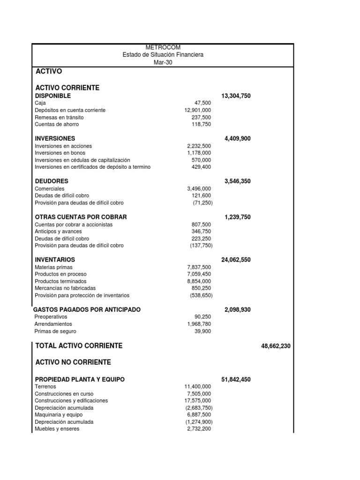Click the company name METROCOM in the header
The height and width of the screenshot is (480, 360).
(163, 48)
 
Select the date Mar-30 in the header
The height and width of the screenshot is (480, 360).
(163, 62)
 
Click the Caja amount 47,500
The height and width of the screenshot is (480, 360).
(202, 103)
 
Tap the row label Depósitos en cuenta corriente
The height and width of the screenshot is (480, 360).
(70, 110)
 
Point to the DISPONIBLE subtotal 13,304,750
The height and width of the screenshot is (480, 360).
(236, 96)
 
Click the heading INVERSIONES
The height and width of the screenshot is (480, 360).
(55, 138)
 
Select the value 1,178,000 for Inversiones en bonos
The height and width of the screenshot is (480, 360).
(199, 153)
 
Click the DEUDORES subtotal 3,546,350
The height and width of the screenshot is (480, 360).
(238, 181)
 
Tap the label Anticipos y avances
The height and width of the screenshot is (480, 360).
(58, 232)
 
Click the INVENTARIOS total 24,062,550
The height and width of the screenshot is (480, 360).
(236, 260)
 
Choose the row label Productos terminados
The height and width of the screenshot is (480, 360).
(60, 281)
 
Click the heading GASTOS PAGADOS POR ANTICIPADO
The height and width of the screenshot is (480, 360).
(87, 310)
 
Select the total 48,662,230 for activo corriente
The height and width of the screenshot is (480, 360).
(276, 346)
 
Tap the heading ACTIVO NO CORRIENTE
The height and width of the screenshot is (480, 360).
(73, 362)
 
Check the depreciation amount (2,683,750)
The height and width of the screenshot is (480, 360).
(198, 408)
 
